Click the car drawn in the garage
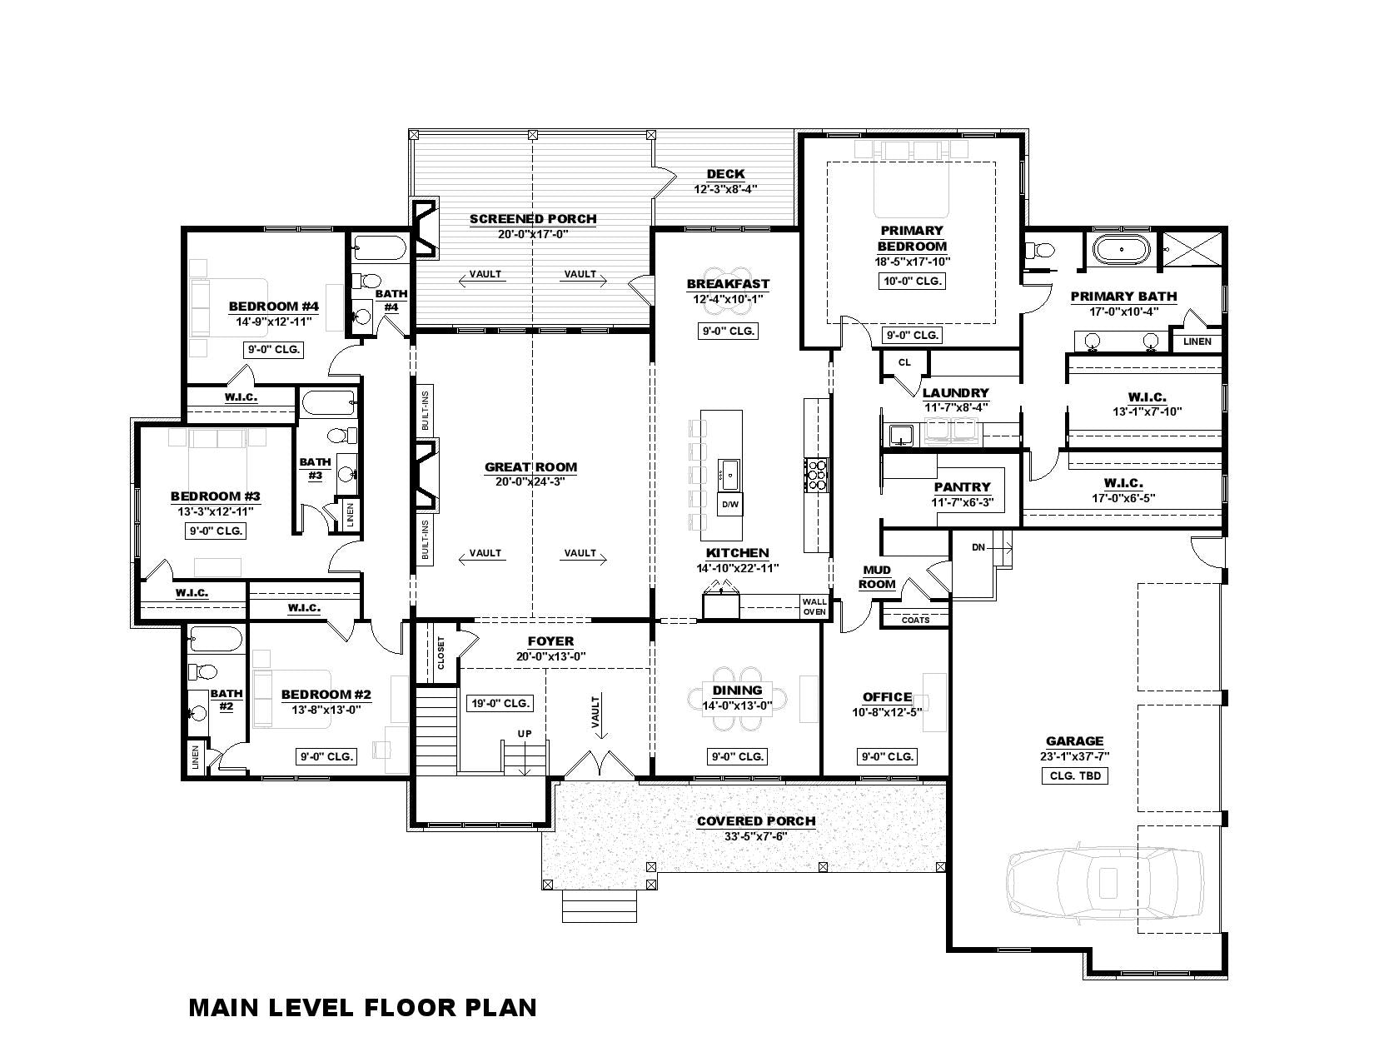[x=1105, y=881]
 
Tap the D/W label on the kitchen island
[x=730, y=504]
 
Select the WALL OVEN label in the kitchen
[x=814, y=606]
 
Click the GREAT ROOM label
[x=530, y=466]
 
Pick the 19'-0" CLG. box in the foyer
[x=500, y=703]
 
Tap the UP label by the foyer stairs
[x=525, y=734]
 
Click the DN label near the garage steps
[x=978, y=547]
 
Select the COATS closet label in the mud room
[x=915, y=620]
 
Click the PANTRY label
[x=962, y=486]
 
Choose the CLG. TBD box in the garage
[x=1075, y=775]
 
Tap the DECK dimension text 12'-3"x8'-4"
[x=725, y=188]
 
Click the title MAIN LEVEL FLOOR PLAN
[x=362, y=1008]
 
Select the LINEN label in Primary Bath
[x=1197, y=342]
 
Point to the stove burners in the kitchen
[x=816, y=475]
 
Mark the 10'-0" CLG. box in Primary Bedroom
[x=912, y=281]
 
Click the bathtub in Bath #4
[x=380, y=248]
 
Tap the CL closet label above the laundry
[x=904, y=362]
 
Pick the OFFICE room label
[x=887, y=696]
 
